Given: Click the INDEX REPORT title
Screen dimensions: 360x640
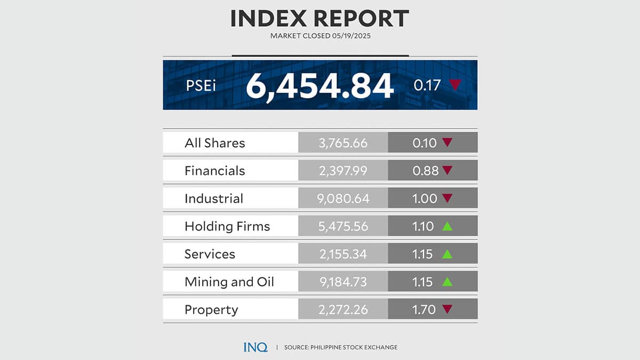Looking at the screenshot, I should tap(319, 18).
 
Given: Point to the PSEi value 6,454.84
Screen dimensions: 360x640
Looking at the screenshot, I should tap(319, 85).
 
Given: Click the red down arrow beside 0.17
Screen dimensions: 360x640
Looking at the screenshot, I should tap(454, 85).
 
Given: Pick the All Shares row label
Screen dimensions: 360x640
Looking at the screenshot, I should tap(214, 143).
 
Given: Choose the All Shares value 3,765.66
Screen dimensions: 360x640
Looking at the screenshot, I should tap(342, 143).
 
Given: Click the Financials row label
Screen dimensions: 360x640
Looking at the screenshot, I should tap(214, 171).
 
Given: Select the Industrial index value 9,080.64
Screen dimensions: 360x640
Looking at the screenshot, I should tap(342, 198).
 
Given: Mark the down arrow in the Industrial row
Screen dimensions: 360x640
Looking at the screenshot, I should tap(447, 198).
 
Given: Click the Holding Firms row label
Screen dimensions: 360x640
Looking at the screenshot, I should tap(227, 226).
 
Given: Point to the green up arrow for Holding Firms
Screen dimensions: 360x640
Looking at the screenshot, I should tap(447, 226).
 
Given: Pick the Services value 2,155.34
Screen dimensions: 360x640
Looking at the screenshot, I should tap(342, 254).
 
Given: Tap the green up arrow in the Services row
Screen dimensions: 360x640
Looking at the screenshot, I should tap(447, 254).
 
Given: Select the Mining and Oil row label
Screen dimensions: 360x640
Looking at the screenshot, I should tap(229, 282).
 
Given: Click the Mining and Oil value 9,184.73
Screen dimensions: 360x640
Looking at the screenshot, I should tap(342, 282).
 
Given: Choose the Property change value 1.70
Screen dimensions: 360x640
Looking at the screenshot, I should tap(425, 309).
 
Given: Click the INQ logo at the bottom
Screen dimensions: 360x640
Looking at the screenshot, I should tap(255, 347).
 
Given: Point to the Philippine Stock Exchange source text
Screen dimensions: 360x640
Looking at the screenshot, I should tap(340, 347).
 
